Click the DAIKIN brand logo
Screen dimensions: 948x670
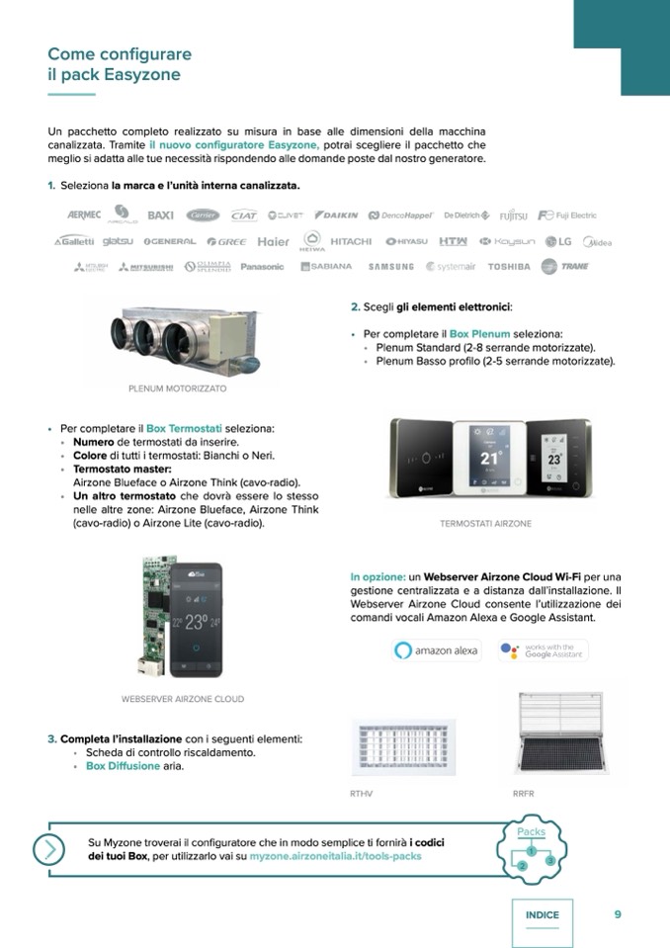(337, 215)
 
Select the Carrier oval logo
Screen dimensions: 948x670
(203, 215)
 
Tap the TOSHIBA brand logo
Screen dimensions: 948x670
(509, 266)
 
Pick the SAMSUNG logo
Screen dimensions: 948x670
(391, 266)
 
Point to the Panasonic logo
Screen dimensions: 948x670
(262, 266)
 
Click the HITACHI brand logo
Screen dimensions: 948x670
(351, 241)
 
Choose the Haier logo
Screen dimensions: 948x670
(274, 241)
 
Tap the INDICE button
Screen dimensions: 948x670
(542, 915)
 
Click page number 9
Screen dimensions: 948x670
(618, 914)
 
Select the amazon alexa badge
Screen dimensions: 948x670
(437, 650)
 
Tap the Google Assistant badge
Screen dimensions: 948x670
(543, 650)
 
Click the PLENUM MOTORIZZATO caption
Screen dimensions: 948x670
(178, 388)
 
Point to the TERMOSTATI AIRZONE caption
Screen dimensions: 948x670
(485, 523)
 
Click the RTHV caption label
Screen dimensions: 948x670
(361, 793)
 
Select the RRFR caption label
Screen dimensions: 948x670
(524, 793)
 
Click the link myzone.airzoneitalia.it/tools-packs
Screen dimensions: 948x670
(335, 856)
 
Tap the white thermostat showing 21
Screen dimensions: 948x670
(489, 456)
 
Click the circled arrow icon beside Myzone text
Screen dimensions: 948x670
(47, 849)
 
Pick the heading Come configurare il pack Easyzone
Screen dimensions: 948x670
(120, 64)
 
